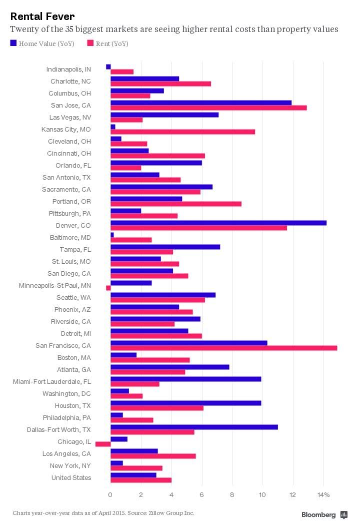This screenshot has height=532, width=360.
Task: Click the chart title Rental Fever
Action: (42, 17)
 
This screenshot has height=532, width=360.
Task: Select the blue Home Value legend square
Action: (13, 44)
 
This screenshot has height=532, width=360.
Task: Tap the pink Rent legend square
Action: (90, 44)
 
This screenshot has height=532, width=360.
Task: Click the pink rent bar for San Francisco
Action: (223, 348)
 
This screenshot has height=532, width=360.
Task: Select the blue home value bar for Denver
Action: (218, 223)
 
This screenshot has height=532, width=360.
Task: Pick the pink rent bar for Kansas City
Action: (182, 132)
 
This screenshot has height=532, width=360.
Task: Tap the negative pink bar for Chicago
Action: (103, 444)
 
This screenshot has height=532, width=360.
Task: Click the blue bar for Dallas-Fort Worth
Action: (194, 427)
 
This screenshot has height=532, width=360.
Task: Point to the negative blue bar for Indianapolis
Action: (108, 67)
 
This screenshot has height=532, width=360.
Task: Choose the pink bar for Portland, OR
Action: (175, 204)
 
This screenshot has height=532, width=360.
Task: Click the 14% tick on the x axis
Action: (323, 495)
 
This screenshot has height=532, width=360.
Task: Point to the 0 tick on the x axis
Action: (110, 495)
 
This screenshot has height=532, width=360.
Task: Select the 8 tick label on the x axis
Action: (232, 495)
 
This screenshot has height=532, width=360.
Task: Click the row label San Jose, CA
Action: (71, 105)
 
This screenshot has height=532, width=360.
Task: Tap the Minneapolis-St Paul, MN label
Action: (55, 285)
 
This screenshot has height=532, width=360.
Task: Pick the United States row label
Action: (71, 477)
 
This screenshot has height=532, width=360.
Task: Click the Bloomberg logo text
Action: (318, 514)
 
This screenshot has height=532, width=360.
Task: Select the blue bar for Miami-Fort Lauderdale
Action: (185, 379)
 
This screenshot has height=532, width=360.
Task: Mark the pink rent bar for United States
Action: (141, 480)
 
